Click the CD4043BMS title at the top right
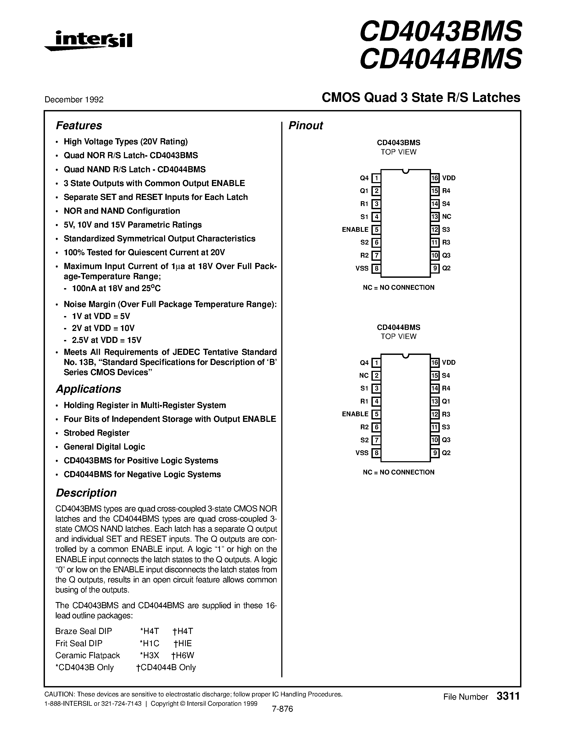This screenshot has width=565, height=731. click(441, 31)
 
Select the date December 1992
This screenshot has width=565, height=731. click(74, 99)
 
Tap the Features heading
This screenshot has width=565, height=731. click(79, 125)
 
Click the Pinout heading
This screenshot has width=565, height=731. click(305, 125)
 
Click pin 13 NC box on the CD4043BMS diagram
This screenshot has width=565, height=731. click(435, 217)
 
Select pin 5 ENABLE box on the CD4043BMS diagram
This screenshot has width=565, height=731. click(376, 230)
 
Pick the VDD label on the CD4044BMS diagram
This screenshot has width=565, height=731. click(449, 363)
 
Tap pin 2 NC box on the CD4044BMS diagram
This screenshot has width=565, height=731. click(376, 376)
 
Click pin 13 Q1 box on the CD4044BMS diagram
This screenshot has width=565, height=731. click(435, 401)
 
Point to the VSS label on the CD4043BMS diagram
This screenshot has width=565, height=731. click(362, 268)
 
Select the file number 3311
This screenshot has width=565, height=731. click(508, 696)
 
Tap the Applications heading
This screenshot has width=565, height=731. click(88, 389)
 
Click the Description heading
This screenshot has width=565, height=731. click(86, 493)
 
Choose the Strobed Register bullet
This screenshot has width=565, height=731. click(97, 433)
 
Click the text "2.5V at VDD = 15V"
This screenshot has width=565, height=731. click(106, 340)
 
